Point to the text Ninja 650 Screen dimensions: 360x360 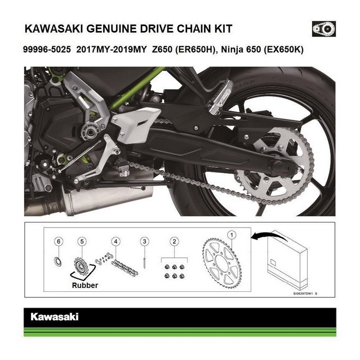click(x=243, y=49)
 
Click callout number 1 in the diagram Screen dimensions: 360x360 click(x=232, y=235)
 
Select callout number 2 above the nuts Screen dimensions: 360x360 click(x=173, y=241)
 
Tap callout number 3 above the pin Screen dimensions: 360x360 click(x=144, y=241)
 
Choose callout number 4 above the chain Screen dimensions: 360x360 click(x=116, y=241)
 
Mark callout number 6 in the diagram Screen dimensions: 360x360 click(x=59, y=241)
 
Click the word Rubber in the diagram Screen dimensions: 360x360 click(x=85, y=285)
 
